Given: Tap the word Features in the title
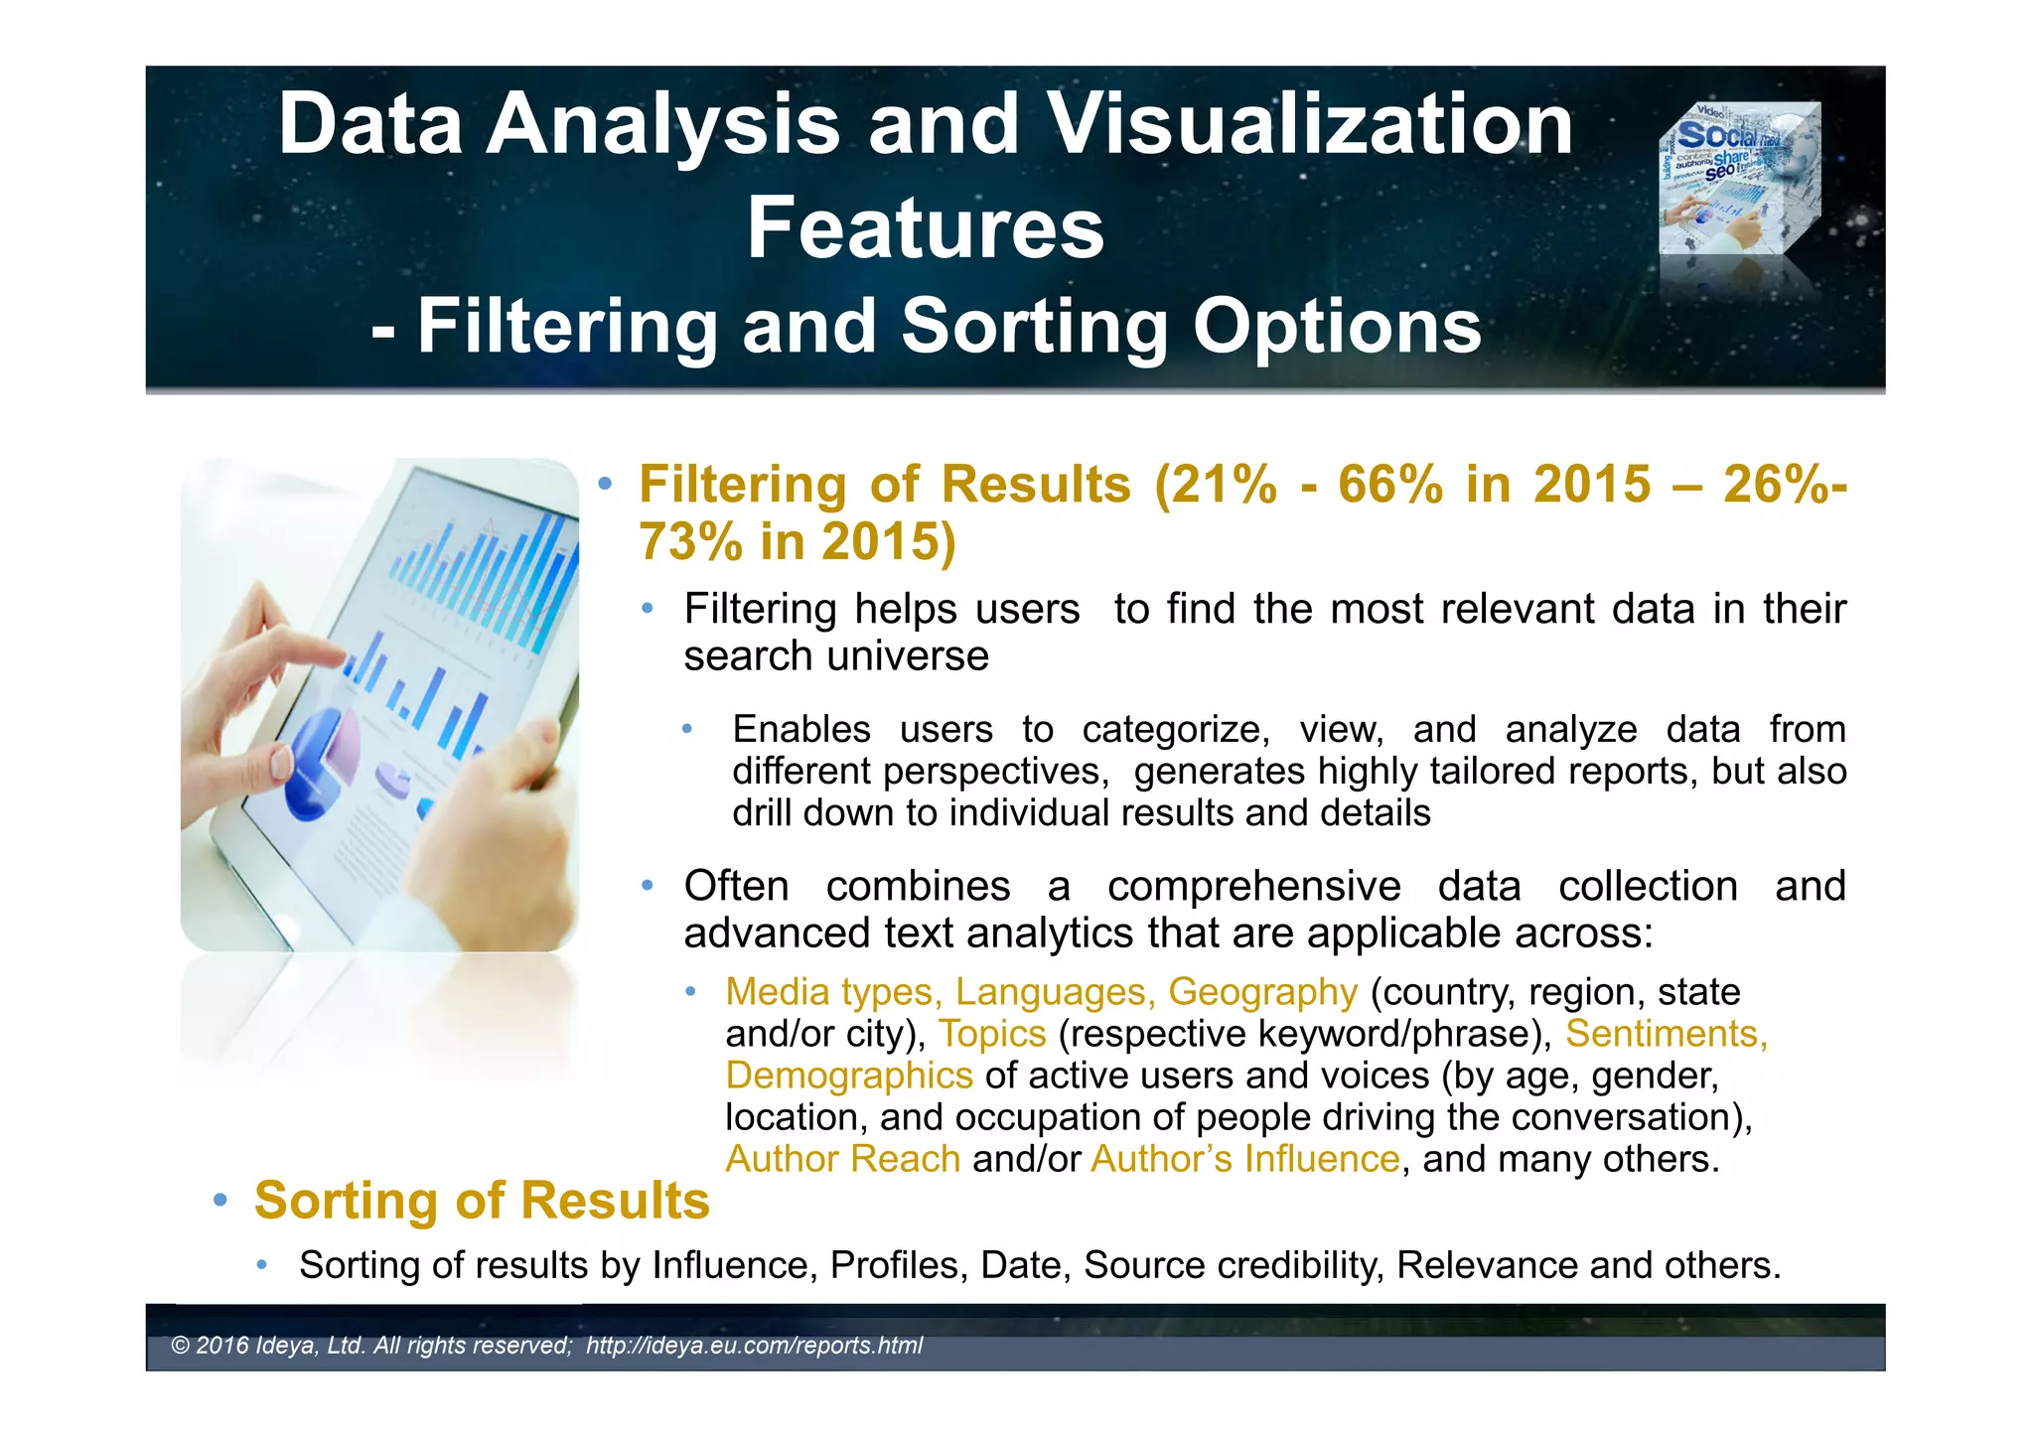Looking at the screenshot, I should [x=925, y=228].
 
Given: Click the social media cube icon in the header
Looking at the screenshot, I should [x=1739, y=179].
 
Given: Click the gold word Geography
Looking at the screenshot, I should [x=1262, y=992].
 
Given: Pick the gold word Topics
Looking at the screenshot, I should [x=992, y=1034].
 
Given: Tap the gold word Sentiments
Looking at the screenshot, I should [x=1667, y=1034].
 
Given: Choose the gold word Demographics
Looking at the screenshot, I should [x=849, y=1076].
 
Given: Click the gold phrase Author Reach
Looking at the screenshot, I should [x=842, y=1159].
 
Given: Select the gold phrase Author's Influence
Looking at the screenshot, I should [x=1245, y=1159].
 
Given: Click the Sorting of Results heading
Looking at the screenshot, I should [x=482, y=1201].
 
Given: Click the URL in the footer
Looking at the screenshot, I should [x=754, y=1346].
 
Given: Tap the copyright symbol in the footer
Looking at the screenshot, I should [x=180, y=1346].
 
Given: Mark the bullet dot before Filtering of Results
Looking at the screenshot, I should [x=604, y=485].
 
